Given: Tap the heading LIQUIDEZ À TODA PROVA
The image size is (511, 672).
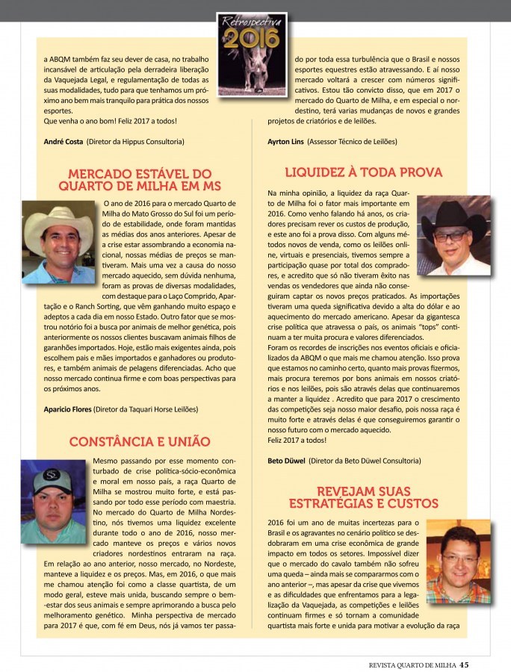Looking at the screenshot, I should [363, 172].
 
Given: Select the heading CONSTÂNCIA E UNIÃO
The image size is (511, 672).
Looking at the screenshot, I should [140, 441].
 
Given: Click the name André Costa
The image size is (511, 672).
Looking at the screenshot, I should [64, 141].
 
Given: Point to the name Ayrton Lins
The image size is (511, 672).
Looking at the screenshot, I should [285, 141].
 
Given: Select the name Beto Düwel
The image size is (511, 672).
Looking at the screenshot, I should [286, 461].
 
